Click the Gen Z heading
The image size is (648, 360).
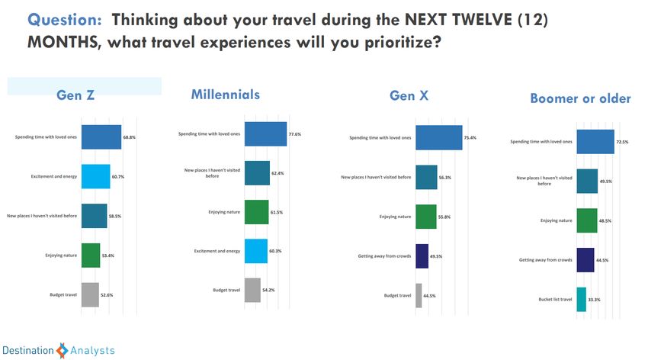[75, 95]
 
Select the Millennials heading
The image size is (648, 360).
[225, 95]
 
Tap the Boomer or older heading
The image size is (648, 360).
[580, 98]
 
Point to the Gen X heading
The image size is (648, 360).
[409, 96]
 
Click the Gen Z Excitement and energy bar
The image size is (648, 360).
[96, 176]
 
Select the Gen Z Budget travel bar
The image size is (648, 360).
[90, 294]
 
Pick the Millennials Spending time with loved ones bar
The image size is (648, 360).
[266, 134]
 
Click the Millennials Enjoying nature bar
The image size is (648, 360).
[257, 212]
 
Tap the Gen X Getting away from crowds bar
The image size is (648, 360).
[422, 256]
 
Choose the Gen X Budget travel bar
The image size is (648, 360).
[419, 295]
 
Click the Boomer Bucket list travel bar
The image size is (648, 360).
[582, 299]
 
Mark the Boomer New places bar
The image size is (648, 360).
[587, 181]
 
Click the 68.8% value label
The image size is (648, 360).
[130, 137]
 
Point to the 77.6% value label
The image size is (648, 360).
[295, 134]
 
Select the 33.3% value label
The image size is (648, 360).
[594, 300]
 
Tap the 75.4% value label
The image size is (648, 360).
[470, 137]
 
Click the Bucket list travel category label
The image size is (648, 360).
[555, 299]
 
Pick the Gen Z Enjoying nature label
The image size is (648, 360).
[61, 256]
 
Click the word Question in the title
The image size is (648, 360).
[64, 20]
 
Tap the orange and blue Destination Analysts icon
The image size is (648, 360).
[62, 351]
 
